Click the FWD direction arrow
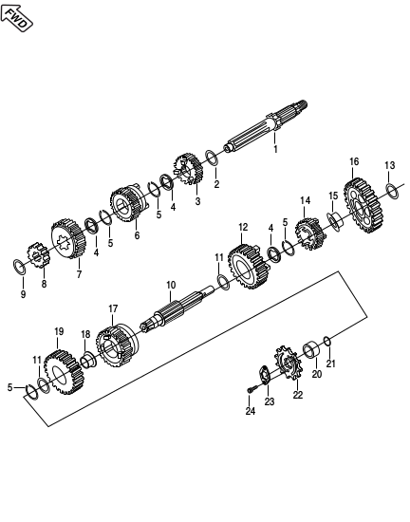(x=17, y=18)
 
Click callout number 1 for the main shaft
(x=275, y=149)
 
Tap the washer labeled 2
(x=212, y=158)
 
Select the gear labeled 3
(x=188, y=169)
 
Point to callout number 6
(x=137, y=235)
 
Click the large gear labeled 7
(x=68, y=238)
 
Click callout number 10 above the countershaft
(x=171, y=285)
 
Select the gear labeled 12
(x=249, y=267)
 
